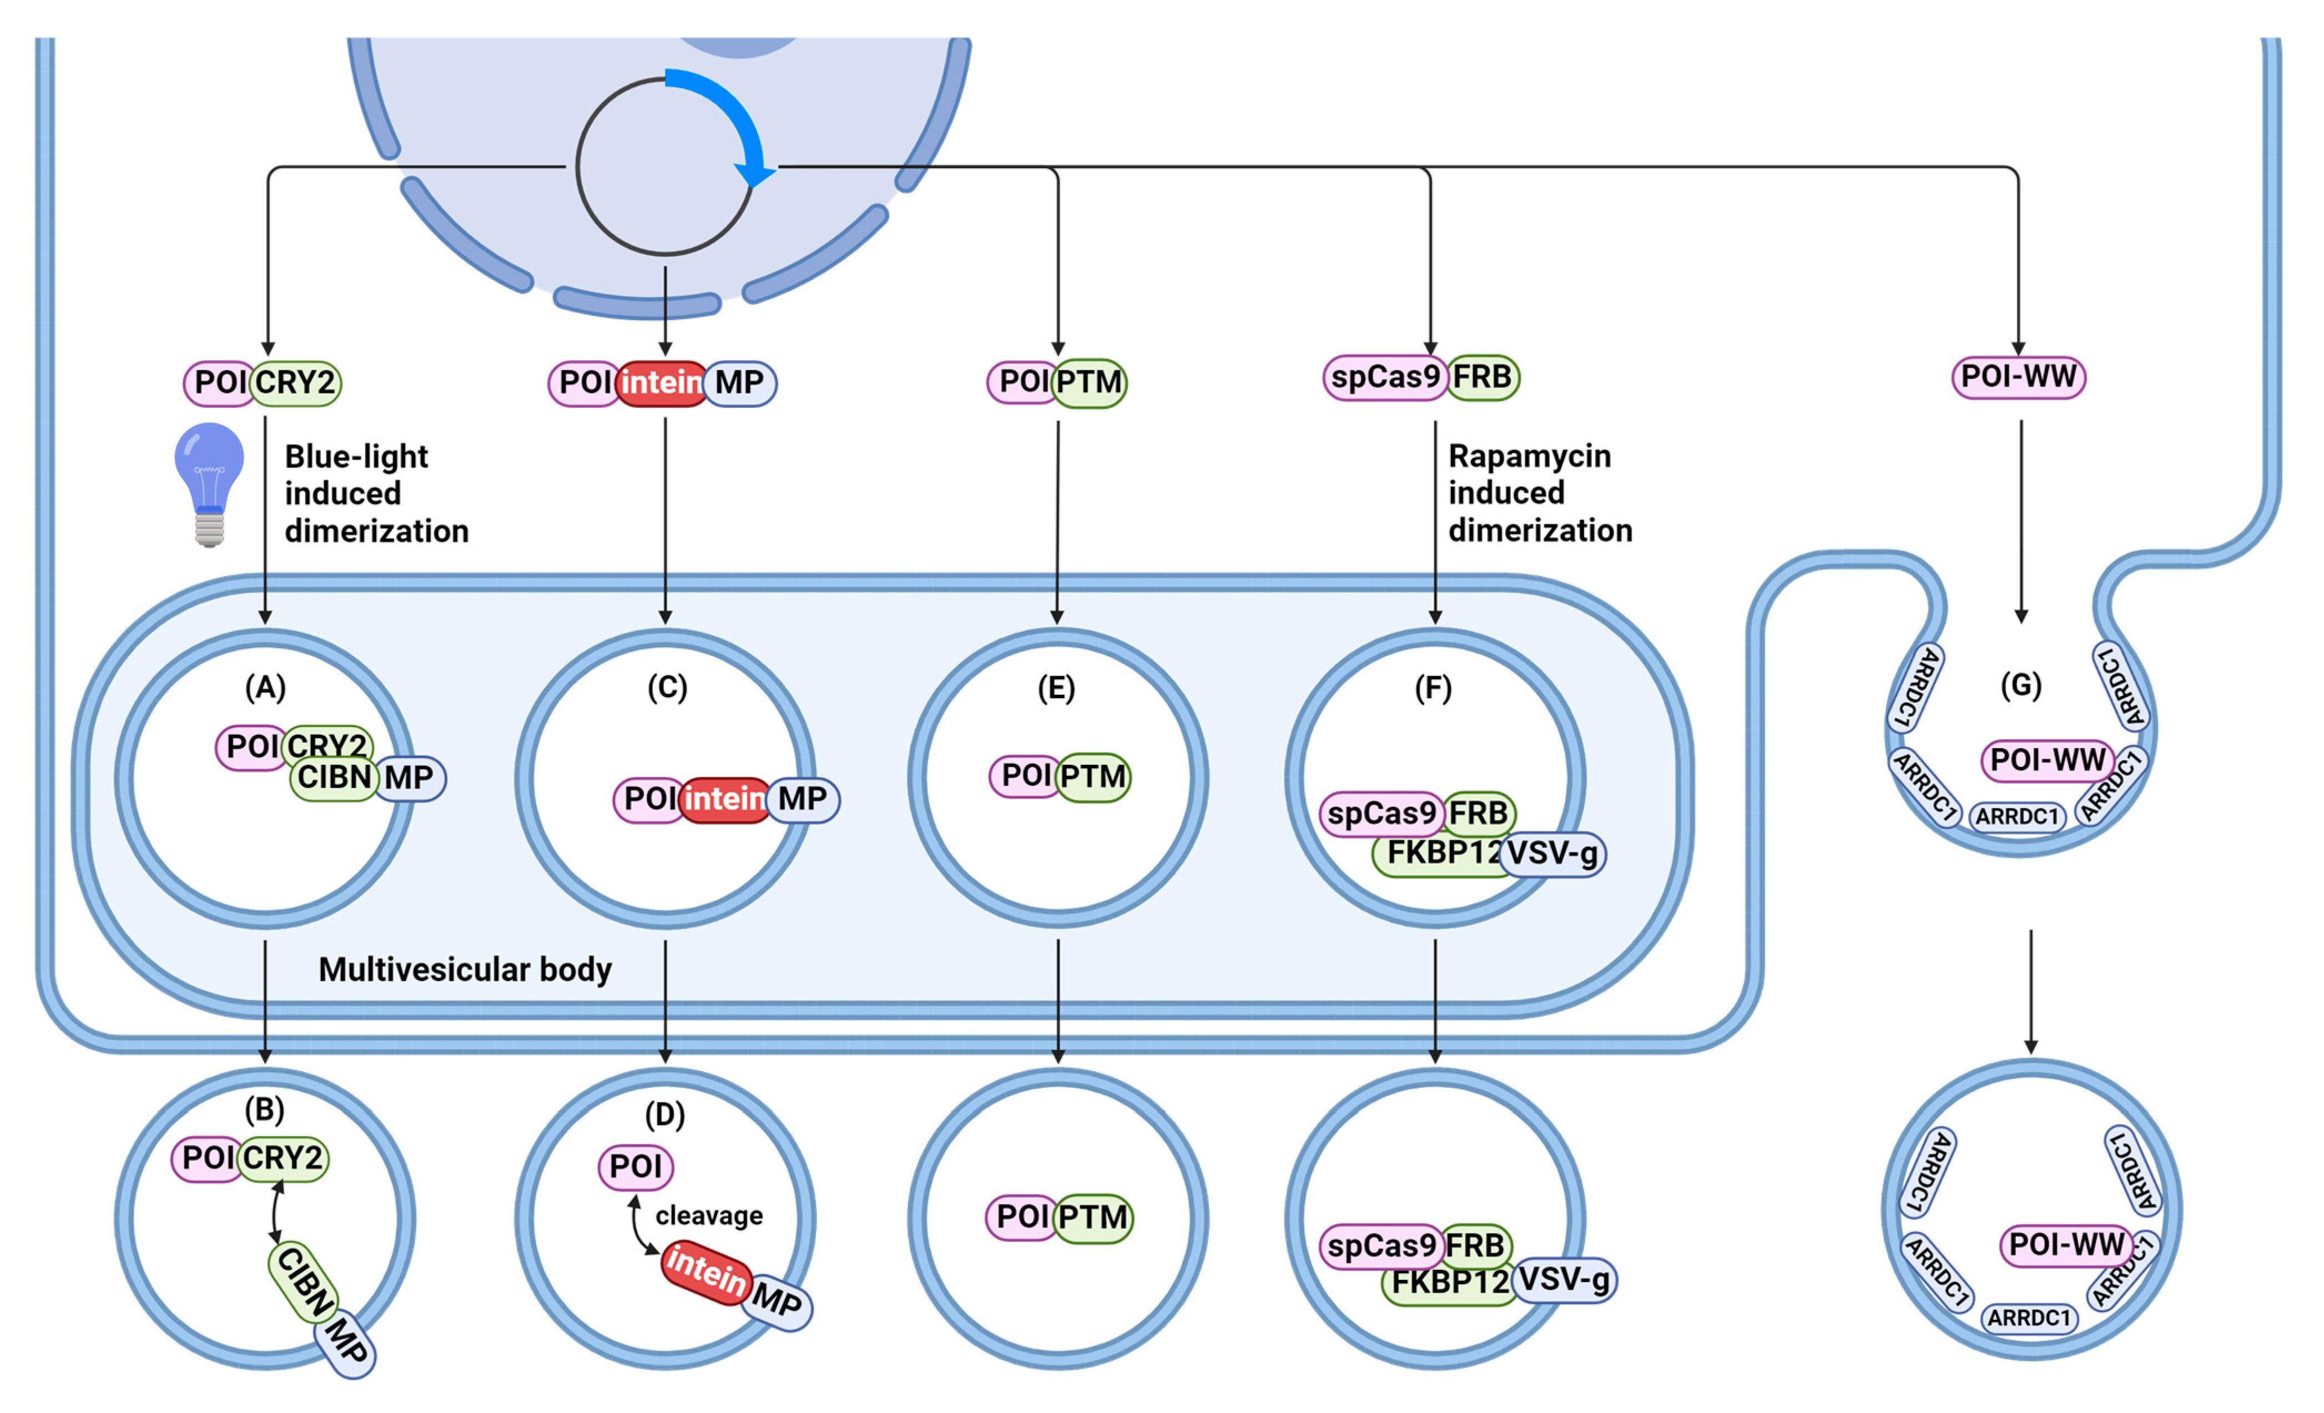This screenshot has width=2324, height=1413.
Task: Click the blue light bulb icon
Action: point(209,482)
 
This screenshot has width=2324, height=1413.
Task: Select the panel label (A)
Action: point(265,688)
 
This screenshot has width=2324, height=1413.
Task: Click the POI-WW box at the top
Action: point(2018,377)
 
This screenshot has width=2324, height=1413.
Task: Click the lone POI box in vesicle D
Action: point(636,1167)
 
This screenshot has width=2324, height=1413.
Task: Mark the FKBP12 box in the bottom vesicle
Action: point(1450,1283)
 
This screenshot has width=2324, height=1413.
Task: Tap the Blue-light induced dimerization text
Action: point(375,493)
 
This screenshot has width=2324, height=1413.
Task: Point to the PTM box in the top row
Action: point(1090,382)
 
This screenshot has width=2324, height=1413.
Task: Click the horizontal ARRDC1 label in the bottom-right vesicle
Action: point(2029,1318)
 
